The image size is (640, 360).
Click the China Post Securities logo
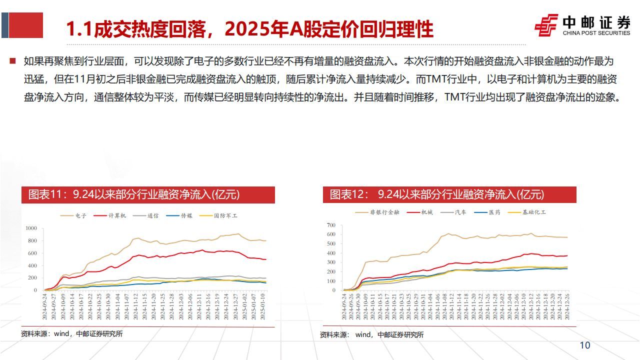pos(582,25)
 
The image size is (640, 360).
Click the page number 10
pos(584,345)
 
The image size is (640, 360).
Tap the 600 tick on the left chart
pos(32,253)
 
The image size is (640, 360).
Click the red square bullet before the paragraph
pos(12,61)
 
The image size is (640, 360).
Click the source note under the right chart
pos(372,334)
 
